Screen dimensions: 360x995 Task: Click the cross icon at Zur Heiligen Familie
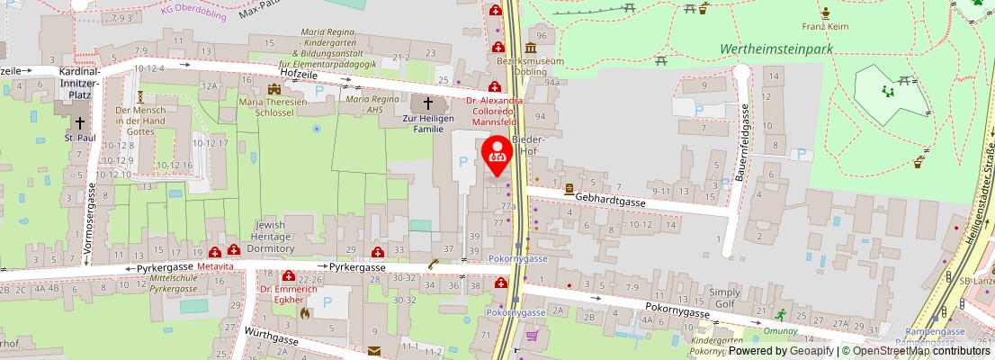[x=427, y=104]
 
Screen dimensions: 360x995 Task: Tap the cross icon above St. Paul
[x=80, y=122]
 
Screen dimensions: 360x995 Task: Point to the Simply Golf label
[x=724, y=299]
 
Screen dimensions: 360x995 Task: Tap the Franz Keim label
[x=826, y=26]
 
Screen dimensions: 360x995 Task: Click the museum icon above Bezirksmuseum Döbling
[x=531, y=47]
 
